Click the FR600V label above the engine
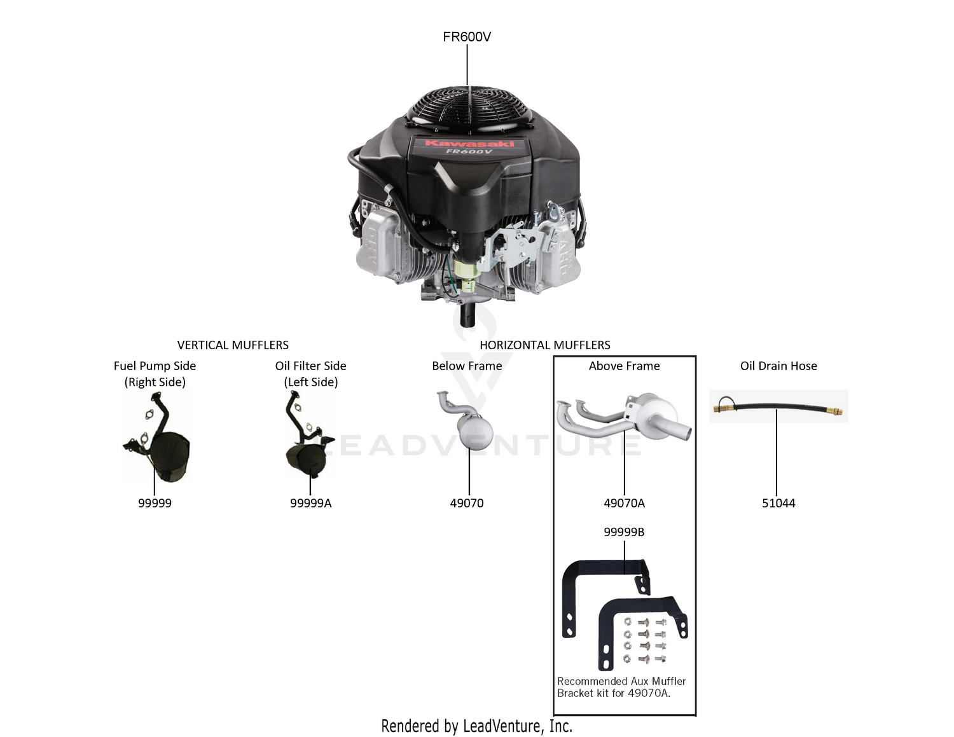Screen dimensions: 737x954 click(467, 37)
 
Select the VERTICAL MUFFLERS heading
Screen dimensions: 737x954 click(233, 345)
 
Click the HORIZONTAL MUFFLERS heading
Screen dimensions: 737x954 click(544, 345)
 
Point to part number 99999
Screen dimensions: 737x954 click(155, 503)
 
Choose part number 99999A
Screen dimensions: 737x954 click(310, 503)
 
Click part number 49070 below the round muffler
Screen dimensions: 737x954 click(467, 503)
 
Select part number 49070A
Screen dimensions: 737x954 click(624, 503)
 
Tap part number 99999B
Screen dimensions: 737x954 click(624, 532)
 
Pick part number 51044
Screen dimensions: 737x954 click(778, 503)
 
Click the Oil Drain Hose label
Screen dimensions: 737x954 click(778, 366)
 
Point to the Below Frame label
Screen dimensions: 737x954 click(467, 366)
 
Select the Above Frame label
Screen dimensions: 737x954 click(624, 366)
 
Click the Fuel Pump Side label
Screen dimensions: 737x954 click(155, 366)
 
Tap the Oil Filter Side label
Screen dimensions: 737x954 click(310, 366)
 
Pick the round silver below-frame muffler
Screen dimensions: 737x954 click(474, 430)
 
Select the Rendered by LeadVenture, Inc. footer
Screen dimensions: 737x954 click(477, 726)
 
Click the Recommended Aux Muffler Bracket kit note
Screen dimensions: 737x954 click(621, 687)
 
